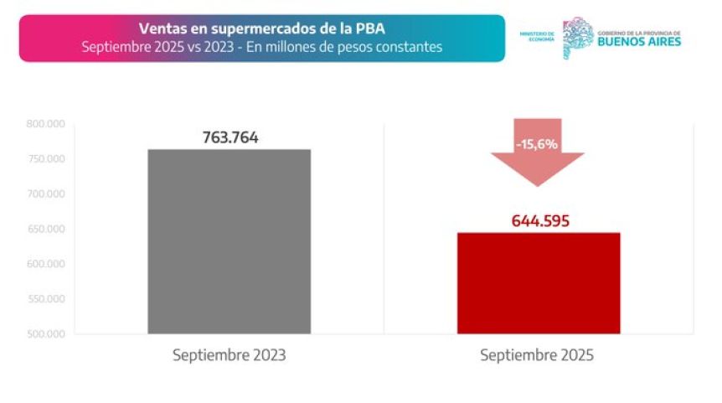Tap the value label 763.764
pos(229,138)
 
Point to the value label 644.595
pos(540,221)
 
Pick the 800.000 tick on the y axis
pos(45,125)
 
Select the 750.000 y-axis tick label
pos(45,159)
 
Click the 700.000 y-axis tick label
pos(45,194)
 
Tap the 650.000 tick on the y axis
pos(45,229)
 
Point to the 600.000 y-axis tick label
pos(45,264)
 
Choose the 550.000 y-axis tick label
pos(45,299)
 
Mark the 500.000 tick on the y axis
pos(45,333)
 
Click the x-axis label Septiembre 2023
pos(229,355)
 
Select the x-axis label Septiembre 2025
pos(537,355)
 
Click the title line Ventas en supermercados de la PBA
pos(261,29)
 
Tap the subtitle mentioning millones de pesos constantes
pos(261,47)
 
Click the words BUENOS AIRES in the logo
pos(639,40)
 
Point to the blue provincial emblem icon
pos(576,37)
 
